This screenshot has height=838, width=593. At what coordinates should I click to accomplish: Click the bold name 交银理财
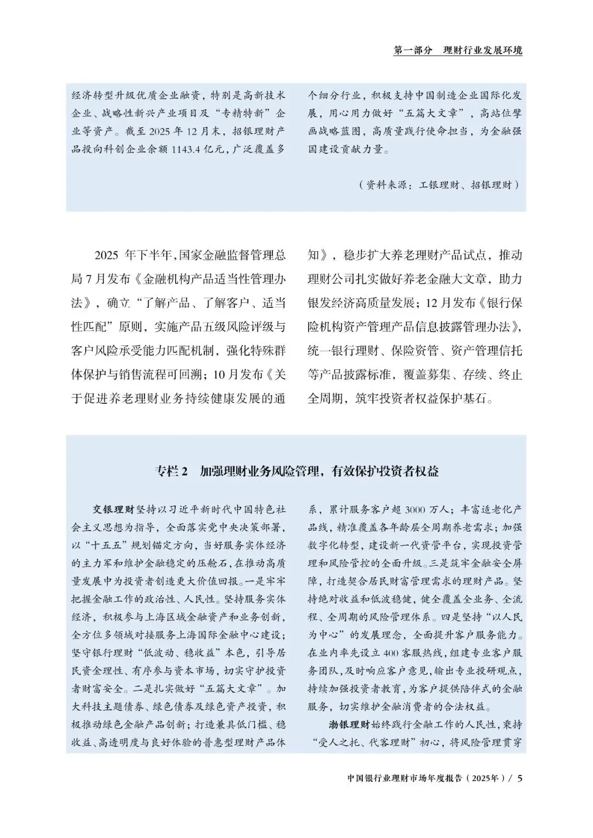tap(113, 509)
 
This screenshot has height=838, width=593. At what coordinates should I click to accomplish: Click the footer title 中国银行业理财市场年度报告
tap(406, 779)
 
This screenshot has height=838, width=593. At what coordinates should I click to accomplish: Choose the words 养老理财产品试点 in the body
tap(434, 255)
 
